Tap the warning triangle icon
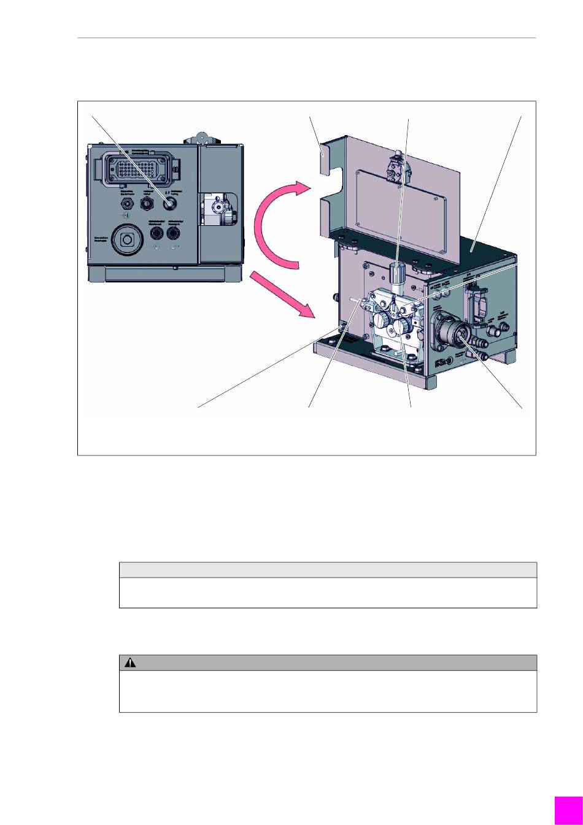click(x=131, y=663)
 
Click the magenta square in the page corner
click(x=568, y=810)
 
